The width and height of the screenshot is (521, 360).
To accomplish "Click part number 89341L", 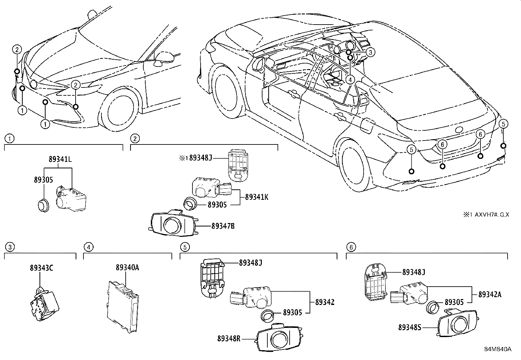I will (60, 160).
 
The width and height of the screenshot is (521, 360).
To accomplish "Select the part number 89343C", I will (40, 268).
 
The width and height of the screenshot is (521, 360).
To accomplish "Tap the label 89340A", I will (127, 268).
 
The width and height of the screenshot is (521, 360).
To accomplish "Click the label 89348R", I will (229, 338).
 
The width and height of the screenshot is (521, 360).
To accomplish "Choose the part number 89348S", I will (410, 327).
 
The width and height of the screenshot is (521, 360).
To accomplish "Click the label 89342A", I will (490, 294).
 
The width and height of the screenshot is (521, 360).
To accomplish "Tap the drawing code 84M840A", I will (498, 349).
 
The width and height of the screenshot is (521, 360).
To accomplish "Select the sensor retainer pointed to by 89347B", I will (173, 223).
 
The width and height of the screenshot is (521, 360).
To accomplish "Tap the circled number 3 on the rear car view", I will (370, 52).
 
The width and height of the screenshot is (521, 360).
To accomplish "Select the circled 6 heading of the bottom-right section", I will (351, 247).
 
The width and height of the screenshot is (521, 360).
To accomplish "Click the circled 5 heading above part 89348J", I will (185, 247).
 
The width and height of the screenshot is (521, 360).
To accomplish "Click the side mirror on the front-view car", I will (164, 57).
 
